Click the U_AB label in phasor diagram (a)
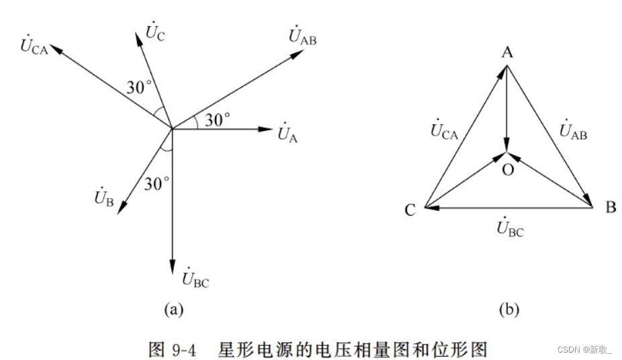coord(302,37)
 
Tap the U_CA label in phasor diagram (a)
coord(34,46)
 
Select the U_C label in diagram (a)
coord(154,30)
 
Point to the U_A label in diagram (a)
coord(287,133)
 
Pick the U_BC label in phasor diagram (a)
coord(195,279)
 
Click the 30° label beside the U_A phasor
coord(217,120)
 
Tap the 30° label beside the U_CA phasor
coord(140,87)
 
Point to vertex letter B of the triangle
coord(610,208)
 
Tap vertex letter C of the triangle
coord(410,211)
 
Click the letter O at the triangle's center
coord(508,170)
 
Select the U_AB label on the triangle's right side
coord(573,132)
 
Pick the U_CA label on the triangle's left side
coord(444,131)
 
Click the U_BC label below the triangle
coord(510,230)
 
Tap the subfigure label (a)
coord(174,309)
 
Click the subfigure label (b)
coord(509,309)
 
